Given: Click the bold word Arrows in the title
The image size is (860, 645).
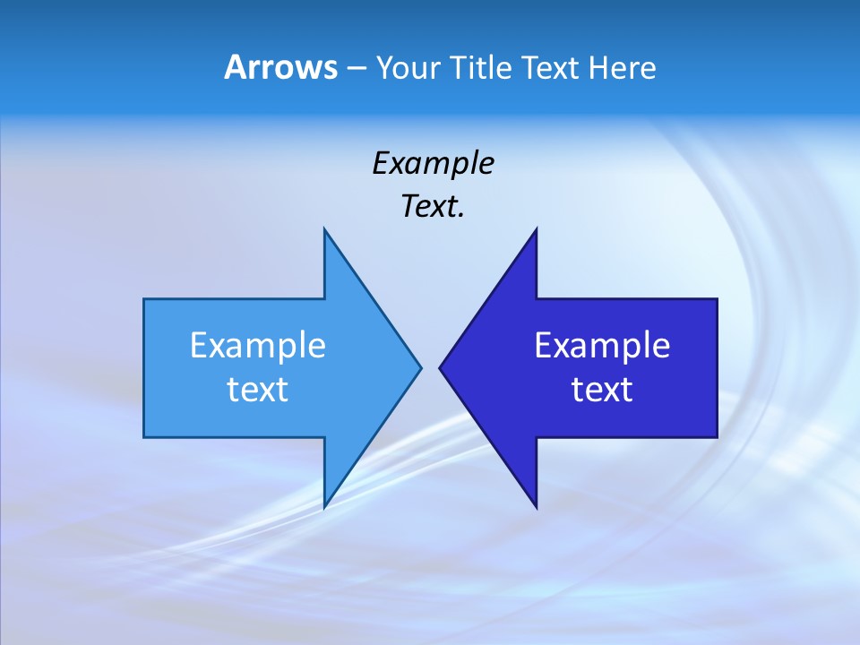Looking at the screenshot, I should point(280,67).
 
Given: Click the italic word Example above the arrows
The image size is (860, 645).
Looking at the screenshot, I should point(433,163).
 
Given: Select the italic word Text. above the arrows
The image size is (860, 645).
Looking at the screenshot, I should point(433,207).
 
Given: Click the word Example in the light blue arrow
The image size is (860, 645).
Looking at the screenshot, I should point(258,346).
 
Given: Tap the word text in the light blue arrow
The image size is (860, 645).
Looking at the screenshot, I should point(258,390).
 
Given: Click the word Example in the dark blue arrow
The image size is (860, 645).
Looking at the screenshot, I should point(602,346).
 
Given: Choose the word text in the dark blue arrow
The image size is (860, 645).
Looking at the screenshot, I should point(602,390).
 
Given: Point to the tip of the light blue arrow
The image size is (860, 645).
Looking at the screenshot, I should point(420,367).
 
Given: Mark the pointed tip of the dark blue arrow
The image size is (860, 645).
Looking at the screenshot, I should point(440,367).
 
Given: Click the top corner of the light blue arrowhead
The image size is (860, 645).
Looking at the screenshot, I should point(324,230).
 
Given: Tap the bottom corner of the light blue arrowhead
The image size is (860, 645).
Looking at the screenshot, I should point(324,506).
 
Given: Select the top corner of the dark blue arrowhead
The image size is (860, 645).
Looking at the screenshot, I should point(536,230).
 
